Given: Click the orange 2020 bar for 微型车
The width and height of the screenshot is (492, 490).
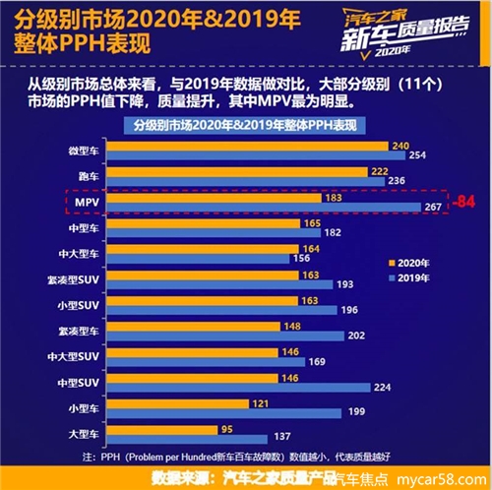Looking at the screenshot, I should pos(246,146).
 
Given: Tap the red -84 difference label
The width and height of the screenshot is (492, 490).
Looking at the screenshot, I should pos(463,202).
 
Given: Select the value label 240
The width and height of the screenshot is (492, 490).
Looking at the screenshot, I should pos(400,146).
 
